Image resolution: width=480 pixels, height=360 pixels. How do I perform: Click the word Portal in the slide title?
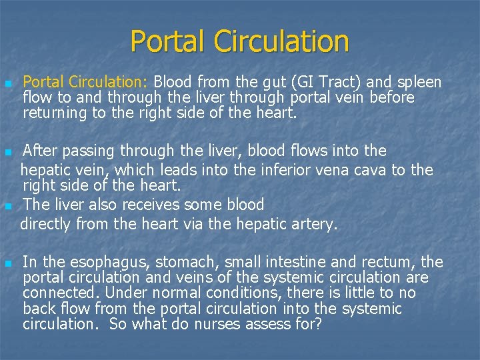tap(168, 41)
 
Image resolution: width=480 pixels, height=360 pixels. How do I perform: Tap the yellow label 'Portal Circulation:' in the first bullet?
tap(86, 83)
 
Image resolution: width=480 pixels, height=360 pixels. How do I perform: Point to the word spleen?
tap(418, 83)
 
